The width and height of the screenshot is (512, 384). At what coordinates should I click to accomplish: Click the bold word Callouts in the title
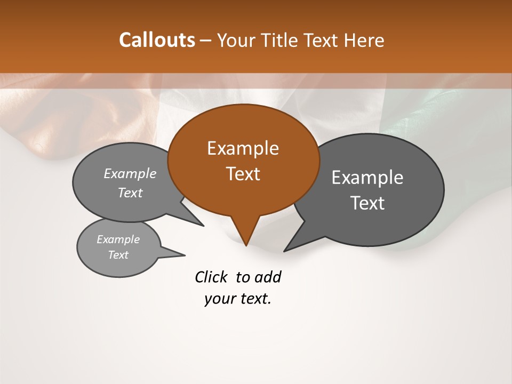pos(157,40)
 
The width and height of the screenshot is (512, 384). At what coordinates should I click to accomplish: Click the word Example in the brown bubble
pos(243,148)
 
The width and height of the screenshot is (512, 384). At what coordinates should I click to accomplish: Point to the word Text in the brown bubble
pos(243,174)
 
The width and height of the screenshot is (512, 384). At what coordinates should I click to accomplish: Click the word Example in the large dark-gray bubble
pos(367,178)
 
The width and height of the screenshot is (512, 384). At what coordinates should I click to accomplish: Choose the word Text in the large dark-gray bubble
pos(367,203)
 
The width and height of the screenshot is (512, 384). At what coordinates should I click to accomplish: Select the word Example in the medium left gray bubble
pos(130,174)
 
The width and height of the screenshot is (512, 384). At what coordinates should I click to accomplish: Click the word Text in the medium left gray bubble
pos(130,193)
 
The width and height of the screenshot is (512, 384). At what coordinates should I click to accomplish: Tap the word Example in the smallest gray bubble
pos(118,239)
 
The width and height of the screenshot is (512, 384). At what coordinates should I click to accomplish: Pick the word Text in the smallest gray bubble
pos(118,255)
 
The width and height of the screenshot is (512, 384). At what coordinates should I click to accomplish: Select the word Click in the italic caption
pos(211,277)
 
